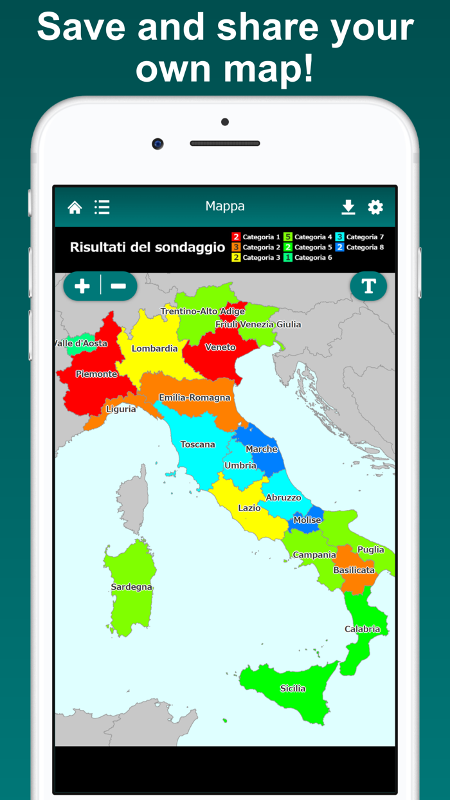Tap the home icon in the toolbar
[x=75, y=207]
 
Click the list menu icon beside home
[x=102, y=206]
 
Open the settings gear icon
[x=375, y=206]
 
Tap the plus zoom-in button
[x=82, y=286]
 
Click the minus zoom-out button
[x=119, y=286]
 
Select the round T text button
[x=368, y=286]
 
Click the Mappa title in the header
[x=225, y=206]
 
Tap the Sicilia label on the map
[x=292, y=689]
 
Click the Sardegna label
[x=131, y=587]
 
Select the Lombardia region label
[x=154, y=349]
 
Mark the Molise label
[x=307, y=520]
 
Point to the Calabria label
[x=362, y=629]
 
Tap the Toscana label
[x=197, y=444]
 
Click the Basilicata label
[x=354, y=570]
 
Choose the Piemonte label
[x=96, y=374]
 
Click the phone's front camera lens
[x=157, y=143]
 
